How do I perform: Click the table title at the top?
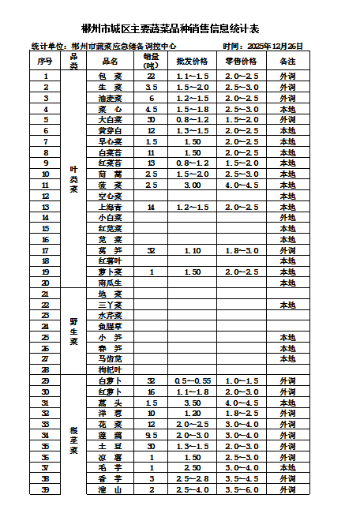pos(181,29)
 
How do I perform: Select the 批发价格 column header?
pos(192,61)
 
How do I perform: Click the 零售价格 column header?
pos(241,61)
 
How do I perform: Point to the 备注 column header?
pos(288,61)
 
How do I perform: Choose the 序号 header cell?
pos(45,61)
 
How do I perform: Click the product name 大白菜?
pos(110,120)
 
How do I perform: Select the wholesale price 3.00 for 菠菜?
pos(192,185)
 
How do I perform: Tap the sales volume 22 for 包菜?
pos(151,77)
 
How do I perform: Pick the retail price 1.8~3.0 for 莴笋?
pos(241,250)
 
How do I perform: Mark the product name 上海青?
pos(110,207)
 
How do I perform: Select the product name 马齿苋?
pos(110,358)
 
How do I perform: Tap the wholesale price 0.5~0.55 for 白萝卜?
pos(192,380)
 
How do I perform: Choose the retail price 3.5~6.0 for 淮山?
pos(241,489)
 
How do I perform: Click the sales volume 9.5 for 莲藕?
pos(151,435)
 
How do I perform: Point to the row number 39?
pos(45,489)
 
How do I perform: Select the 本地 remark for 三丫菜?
pos(288,305)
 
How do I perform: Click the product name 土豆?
pos(110,446)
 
